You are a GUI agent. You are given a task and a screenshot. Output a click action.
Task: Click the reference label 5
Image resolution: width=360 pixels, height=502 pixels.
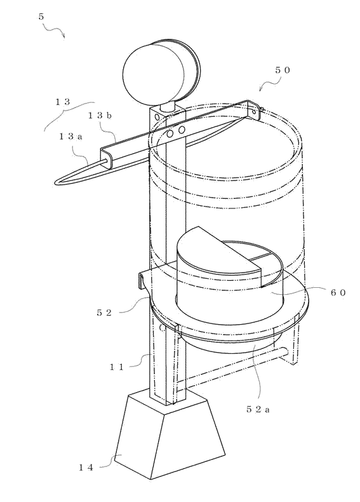tap(41, 17)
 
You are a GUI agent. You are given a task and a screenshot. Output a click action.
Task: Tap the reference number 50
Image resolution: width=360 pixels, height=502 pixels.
tap(283, 71)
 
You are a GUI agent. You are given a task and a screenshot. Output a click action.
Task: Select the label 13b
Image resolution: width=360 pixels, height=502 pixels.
tap(100, 116)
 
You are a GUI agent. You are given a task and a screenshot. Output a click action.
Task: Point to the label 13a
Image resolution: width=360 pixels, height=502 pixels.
tap(70, 137)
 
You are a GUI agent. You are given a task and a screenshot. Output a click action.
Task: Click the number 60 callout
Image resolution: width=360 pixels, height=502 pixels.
tap(338, 292)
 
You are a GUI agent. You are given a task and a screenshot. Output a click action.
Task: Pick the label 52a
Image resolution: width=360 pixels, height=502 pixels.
tap(258, 409)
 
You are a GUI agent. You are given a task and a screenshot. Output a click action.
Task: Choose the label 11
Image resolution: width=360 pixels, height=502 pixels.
tap(116, 367)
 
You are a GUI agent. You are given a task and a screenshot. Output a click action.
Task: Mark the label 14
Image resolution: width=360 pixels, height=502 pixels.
tap(86, 468)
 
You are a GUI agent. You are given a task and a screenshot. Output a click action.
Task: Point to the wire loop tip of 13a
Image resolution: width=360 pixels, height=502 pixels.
tap(58, 182)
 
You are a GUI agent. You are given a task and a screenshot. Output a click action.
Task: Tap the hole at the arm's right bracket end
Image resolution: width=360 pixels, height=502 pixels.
tap(255, 112)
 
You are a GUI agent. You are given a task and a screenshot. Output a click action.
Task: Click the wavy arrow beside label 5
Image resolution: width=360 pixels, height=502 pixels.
tap(55, 31)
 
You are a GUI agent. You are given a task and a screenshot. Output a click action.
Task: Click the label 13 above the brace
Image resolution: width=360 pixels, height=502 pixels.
tap(62, 102)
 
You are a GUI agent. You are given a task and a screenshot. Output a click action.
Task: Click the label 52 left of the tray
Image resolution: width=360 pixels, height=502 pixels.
tap(104, 313)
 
